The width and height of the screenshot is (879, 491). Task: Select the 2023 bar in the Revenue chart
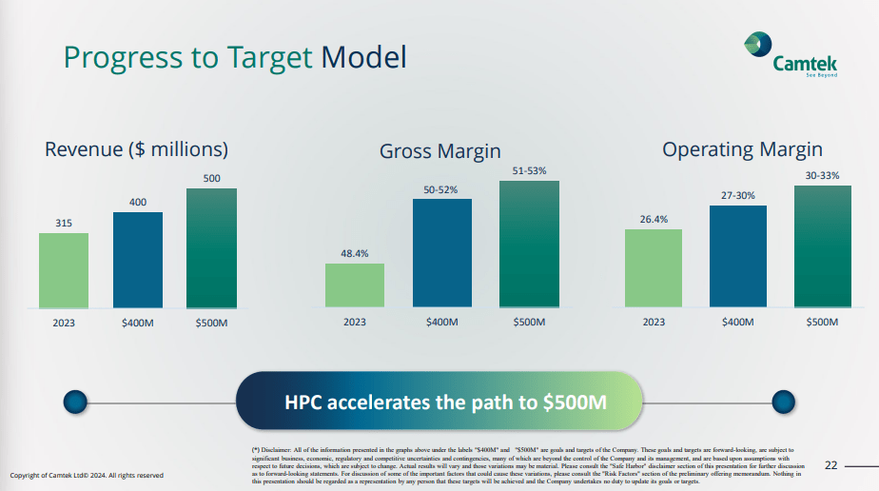[64, 270]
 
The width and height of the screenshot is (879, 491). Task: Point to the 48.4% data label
[354, 253]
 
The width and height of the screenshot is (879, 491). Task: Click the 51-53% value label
[529, 170]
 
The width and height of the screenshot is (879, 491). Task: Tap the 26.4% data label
[653, 219]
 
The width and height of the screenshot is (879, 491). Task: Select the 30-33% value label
[822, 175]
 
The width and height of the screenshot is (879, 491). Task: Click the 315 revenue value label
[64, 223]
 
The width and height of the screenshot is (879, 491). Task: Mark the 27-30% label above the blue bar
[737, 195]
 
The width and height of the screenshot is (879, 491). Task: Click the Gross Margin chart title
[439, 151]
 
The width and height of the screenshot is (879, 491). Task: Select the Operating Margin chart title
[742, 149]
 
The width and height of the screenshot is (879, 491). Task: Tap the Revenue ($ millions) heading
[137, 149]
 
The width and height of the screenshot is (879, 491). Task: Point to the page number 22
[830, 465]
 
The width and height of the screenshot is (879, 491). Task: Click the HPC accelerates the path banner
[439, 401]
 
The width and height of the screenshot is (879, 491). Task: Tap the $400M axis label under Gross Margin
[442, 323]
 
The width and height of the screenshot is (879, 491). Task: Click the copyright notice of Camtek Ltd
[87, 474]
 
